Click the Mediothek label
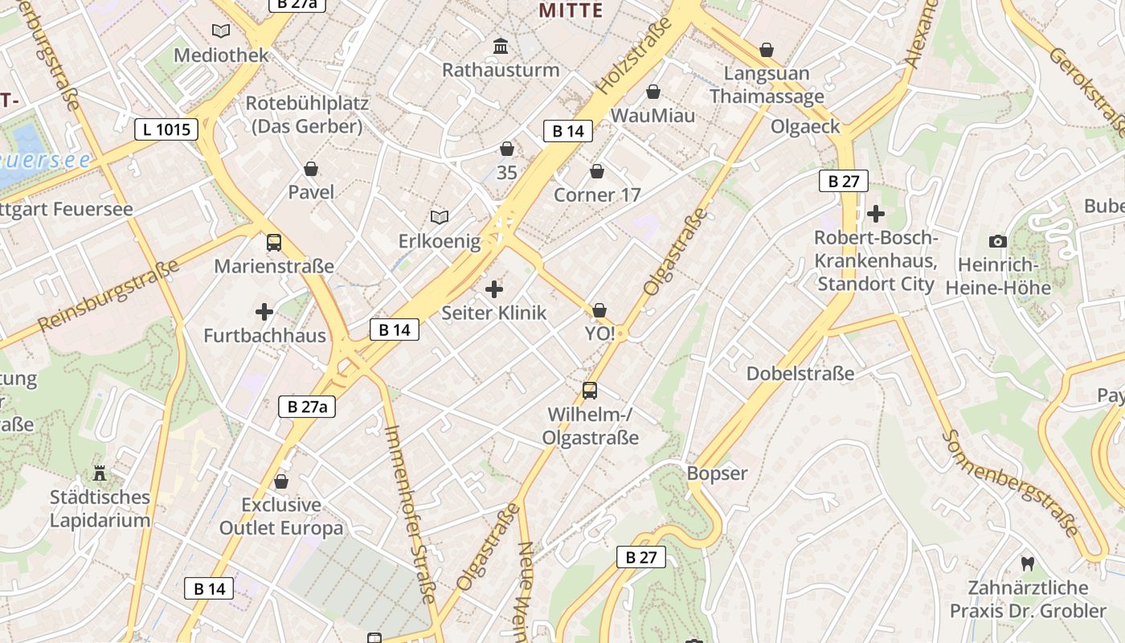tap(221, 55)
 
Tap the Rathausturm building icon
tap(501, 46)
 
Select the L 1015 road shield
tap(166, 129)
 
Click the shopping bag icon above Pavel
tap(311, 169)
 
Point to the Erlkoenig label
tap(440, 241)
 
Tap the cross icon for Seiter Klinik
tap(494, 289)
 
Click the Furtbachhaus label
tap(264, 335)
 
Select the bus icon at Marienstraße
tap(274, 242)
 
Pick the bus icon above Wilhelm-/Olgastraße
tap(590, 391)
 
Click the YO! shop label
tap(599, 334)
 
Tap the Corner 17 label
tap(597, 195)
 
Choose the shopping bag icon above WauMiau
tap(653, 92)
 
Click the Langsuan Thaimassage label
tap(767, 84)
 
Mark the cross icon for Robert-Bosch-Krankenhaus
tap(876, 214)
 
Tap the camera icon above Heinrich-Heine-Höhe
tap(997, 241)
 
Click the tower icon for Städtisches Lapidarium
tap(100, 473)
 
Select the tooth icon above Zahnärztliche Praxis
tap(1026, 563)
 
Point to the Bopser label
tap(717, 473)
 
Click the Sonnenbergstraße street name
tap(1010, 484)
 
